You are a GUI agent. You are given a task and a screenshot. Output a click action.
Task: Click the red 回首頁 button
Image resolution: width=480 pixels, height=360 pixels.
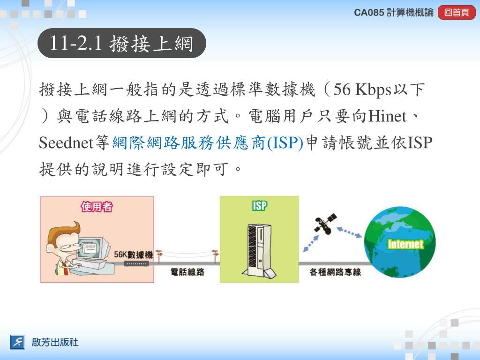click(457, 13)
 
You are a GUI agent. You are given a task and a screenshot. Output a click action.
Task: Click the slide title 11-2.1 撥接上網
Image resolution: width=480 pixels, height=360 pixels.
click(121, 43)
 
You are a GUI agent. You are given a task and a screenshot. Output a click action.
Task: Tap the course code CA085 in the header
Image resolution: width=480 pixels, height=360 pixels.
click(369, 13)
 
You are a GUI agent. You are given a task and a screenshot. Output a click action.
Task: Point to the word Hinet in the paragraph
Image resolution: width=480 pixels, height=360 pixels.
click(388, 116)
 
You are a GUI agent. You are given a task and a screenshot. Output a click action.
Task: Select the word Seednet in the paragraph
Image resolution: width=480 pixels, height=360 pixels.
click(66, 143)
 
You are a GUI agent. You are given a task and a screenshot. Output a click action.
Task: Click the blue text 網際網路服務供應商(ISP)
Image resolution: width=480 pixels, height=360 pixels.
click(208, 143)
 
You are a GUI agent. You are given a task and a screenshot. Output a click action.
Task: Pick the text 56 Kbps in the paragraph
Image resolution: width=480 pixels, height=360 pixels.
click(362, 90)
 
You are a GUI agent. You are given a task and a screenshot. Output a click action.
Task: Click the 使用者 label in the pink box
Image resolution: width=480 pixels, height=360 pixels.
click(97, 207)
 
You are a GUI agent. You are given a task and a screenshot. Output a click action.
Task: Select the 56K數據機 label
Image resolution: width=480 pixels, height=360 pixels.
click(133, 255)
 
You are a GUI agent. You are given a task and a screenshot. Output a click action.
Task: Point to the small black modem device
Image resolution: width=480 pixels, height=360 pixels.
click(136, 264)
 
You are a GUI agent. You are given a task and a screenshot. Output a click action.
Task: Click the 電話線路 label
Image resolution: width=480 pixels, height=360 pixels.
click(187, 272)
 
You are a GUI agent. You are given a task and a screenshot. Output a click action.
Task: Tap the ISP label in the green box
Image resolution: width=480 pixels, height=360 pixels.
click(260, 206)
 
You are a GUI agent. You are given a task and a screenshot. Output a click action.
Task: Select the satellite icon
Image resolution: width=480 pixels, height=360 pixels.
click(325, 223)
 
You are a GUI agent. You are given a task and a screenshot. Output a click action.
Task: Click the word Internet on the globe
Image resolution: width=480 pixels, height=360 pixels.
click(405, 244)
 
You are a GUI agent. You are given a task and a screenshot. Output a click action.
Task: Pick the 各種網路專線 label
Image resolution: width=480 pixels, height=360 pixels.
click(335, 272)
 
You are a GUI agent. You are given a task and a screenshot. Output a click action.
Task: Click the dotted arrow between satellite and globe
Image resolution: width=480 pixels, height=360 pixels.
click(349, 232)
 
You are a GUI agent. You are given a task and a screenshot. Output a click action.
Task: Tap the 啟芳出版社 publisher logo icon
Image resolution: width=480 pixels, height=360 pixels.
click(17, 342)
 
